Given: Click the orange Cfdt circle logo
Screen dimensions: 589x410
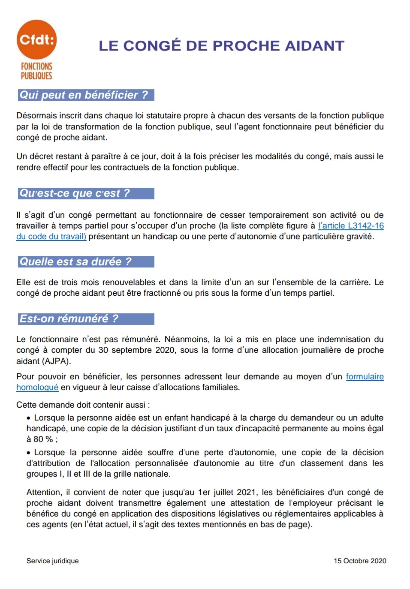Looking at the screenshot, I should click(x=36, y=39).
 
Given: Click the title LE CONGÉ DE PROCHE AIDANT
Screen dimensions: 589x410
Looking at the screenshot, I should click(x=221, y=46).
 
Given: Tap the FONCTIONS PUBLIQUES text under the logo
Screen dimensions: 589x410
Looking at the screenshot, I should click(x=36, y=71).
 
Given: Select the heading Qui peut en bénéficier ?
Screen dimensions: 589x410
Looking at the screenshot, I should click(x=84, y=95).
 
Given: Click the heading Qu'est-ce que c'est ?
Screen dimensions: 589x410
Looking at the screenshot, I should click(x=75, y=193).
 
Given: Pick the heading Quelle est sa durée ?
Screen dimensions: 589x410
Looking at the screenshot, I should click(x=75, y=261).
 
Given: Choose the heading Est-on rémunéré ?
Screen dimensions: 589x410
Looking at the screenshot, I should click(x=69, y=319).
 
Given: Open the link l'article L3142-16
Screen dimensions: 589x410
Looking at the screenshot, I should click(x=351, y=225).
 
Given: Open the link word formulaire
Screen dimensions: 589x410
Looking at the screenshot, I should click(x=365, y=376).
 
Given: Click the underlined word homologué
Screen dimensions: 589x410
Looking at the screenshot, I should click(x=37, y=387).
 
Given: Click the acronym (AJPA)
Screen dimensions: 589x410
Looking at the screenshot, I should click(x=56, y=361).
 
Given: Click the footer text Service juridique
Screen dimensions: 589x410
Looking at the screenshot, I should click(x=53, y=561).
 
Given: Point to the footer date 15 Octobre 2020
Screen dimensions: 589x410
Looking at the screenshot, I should click(x=360, y=561).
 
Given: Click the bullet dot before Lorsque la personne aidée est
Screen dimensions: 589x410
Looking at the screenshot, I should click(x=29, y=418).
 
